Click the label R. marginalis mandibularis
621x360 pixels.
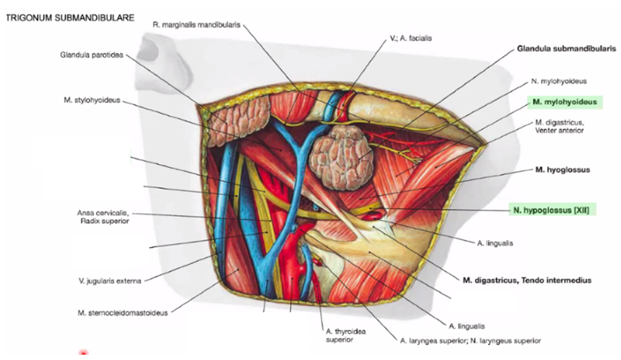click(197, 25)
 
